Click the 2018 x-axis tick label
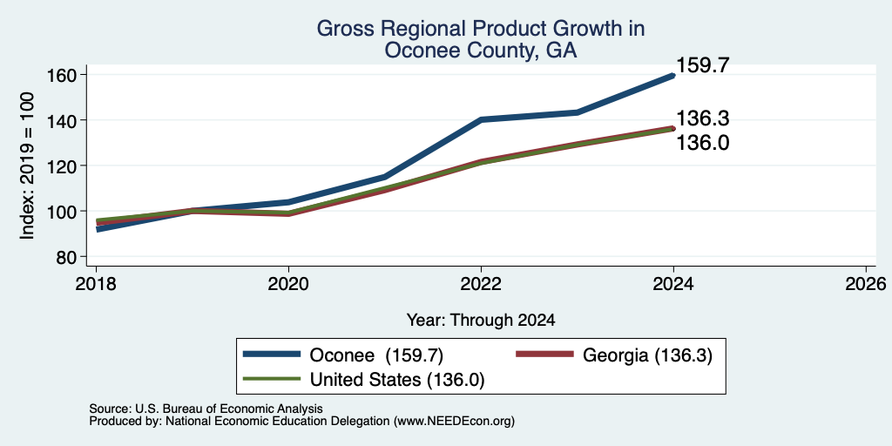[96, 283]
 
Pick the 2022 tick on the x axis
[481, 283]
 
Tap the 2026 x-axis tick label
[866, 283]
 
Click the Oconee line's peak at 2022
[481, 119]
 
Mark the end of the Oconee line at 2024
[673, 75]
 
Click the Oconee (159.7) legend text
[376, 355]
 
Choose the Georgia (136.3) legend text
[647, 355]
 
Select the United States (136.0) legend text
[397, 380]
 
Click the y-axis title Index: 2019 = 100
[27, 166]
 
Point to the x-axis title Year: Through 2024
[481, 321]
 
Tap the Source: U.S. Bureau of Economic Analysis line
[206, 409]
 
